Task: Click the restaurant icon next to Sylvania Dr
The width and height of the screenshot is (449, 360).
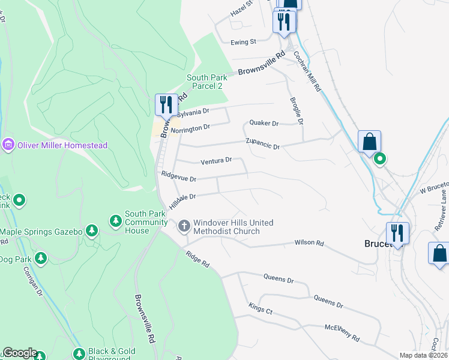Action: pyautogui.click(x=164, y=104)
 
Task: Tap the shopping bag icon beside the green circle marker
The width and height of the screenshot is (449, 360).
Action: pyautogui.click(x=370, y=142)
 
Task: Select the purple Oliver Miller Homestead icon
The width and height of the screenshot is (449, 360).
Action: pyautogui.click(x=8, y=145)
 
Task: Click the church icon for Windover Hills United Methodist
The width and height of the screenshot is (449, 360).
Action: pyautogui.click(x=184, y=226)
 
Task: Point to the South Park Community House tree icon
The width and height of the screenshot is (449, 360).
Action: pyautogui.click(x=115, y=221)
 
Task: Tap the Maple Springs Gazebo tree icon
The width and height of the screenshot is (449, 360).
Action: pyautogui.click(x=91, y=231)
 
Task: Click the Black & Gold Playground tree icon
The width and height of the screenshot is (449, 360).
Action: pyautogui.click(x=78, y=355)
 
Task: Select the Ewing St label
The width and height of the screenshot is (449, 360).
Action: pyautogui.click(x=243, y=42)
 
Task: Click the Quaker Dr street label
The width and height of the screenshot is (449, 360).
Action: pyautogui.click(x=264, y=124)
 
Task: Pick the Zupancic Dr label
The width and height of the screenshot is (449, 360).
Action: pyautogui.click(x=263, y=145)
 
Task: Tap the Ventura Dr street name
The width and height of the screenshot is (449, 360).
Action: pyautogui.click(x=216, y=161)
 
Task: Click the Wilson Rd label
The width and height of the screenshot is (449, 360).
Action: pyautogui.click(x=309, y=243)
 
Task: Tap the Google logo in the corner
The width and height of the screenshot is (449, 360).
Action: pyautogui.click(x=19, y=353)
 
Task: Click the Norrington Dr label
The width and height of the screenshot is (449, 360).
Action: pyautogui.click(x=190, y=128)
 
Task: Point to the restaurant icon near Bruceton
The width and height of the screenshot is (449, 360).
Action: pyautogui.click(x=397, y=233)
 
